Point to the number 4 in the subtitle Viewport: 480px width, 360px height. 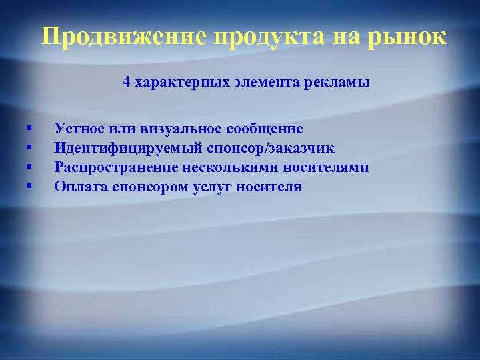[126, 83]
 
